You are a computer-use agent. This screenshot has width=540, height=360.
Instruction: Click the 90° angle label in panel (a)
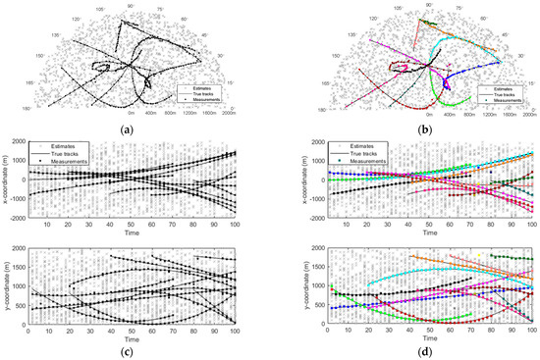(x=132, y=5)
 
